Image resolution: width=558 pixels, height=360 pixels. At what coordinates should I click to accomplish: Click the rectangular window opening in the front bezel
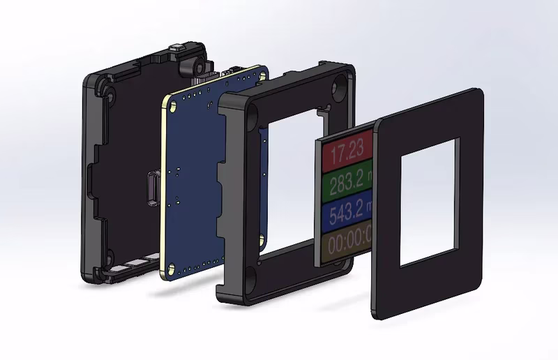click(x=430, y=202)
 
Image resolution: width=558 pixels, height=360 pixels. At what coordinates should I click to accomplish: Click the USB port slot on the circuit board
click(x=152, y=188)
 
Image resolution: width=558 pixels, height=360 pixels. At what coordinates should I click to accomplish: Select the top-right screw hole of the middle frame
click(x=340, y=83)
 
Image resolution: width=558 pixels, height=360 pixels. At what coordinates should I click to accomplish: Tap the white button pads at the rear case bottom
click(x=133, y=264)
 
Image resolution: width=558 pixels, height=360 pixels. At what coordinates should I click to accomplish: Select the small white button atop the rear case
click(x=181, y=47)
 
